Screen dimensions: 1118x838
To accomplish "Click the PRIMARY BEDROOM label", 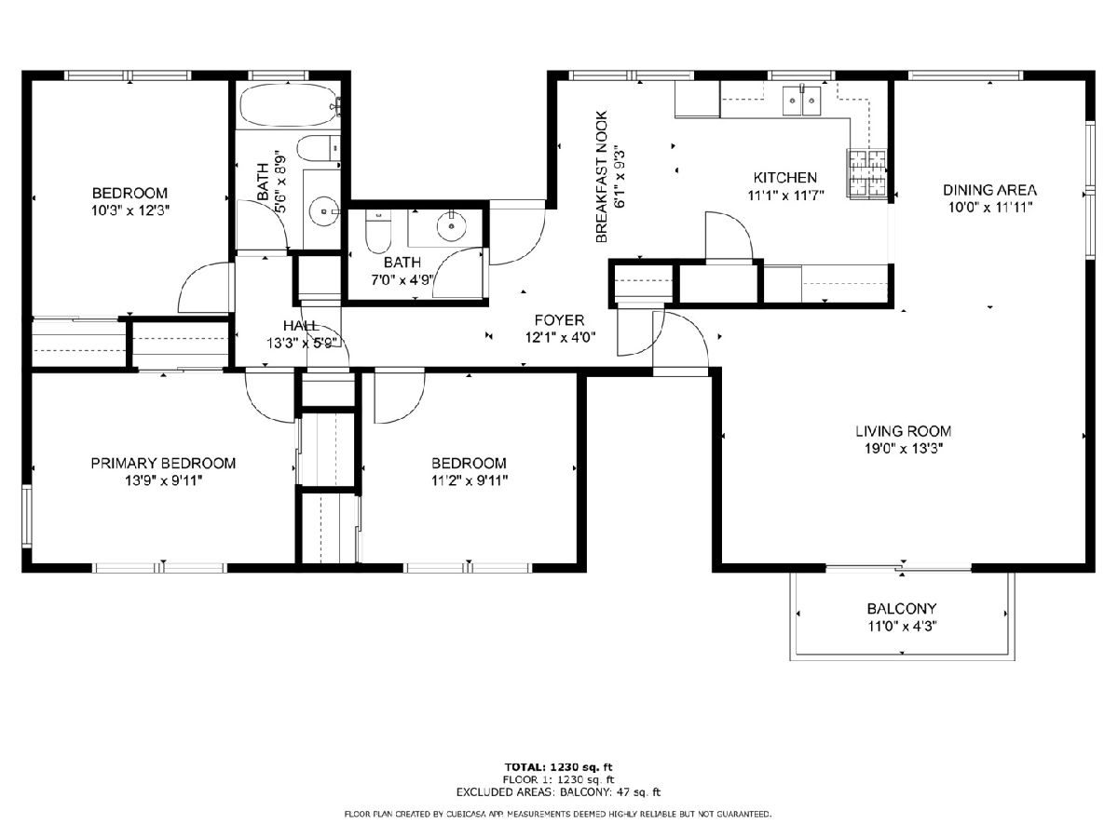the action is [163, 463].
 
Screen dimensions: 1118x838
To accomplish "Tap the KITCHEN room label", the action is [784, 178].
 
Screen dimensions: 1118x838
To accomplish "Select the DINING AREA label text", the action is [989, 190].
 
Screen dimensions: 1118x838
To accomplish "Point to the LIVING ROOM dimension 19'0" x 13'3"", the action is [904, 449].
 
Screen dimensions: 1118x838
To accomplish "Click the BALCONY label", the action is [902, 609].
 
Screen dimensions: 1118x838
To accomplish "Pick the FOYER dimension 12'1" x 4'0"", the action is [560, 337].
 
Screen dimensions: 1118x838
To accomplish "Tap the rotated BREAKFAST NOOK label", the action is [602, 177].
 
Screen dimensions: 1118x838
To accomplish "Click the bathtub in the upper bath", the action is [289, 105].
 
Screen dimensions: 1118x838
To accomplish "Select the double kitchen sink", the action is [802, 101].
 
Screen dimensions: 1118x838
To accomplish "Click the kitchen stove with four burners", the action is [866, 173].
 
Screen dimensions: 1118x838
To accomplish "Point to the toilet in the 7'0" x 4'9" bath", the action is [378, 232].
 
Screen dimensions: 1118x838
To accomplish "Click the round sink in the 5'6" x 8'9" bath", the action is [324, 211].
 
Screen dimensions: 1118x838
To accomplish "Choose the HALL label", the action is [301, 326].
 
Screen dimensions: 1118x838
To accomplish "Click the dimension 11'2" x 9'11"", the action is [470, 480].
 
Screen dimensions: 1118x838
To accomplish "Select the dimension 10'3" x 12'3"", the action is [130, 210].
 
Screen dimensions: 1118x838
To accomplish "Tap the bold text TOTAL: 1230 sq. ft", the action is [559, 767].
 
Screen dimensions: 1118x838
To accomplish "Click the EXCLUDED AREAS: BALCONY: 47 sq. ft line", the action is [558, 791].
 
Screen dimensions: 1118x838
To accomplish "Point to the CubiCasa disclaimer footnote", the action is [558, 814].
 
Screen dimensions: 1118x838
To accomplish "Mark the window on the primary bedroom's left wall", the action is [27, 517].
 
